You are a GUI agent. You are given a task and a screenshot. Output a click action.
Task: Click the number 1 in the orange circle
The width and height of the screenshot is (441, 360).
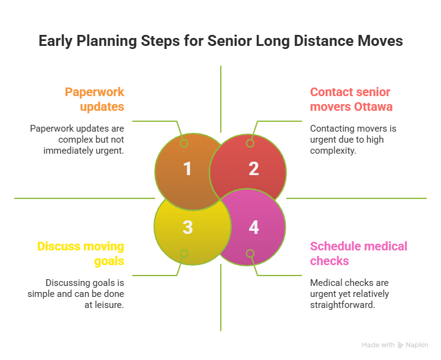187,169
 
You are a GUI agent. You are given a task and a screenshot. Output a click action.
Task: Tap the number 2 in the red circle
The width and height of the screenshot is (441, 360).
253,169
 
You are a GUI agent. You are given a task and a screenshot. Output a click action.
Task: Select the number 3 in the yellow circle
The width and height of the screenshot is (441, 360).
187,227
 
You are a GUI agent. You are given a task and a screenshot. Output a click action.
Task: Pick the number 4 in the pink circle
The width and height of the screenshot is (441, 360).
253,227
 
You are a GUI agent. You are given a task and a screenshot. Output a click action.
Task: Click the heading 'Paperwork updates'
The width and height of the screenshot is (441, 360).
95,99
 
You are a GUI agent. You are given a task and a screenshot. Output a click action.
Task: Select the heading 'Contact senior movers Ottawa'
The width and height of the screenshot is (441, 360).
351,99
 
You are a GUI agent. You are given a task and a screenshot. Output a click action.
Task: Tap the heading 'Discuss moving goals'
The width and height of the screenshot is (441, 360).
81,254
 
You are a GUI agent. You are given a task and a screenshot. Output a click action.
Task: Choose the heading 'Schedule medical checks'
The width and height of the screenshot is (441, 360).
358,254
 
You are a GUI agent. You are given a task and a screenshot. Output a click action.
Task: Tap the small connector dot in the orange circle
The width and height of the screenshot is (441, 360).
183,143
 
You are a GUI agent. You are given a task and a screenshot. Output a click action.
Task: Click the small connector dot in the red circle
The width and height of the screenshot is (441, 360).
250,143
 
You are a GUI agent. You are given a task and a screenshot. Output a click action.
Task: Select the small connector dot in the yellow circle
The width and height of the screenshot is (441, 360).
183,253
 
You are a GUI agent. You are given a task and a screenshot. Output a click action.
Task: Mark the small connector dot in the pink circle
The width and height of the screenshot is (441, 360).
250,253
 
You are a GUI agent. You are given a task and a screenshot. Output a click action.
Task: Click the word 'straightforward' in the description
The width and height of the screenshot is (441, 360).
342,304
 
